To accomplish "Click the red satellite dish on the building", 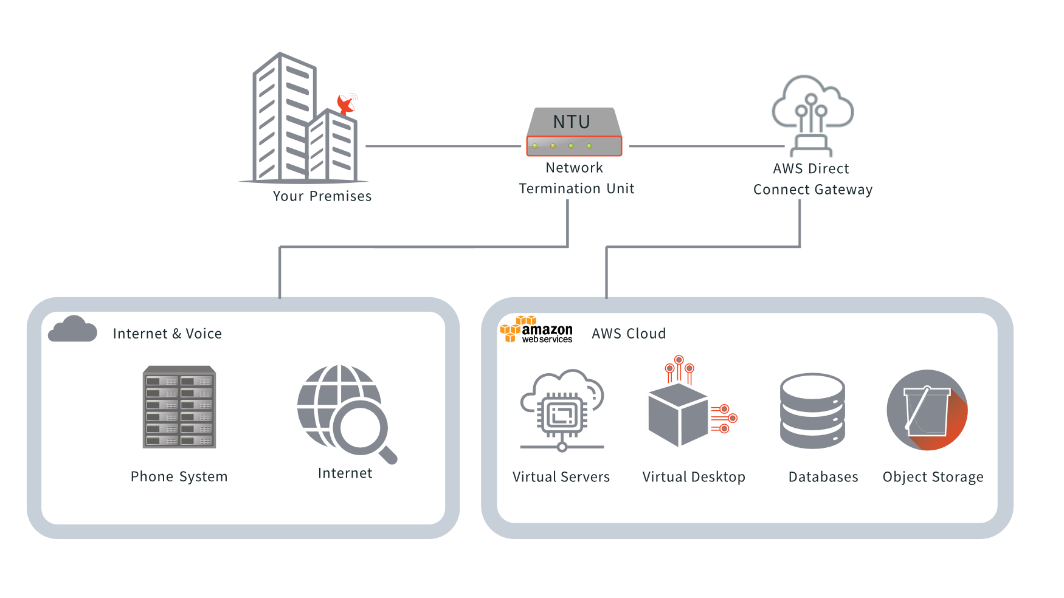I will [346, 104].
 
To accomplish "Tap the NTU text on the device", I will [572, 122].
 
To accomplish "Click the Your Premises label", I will [322, 196].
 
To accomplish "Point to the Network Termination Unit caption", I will [576, 178].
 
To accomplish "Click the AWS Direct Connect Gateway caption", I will [812, 179].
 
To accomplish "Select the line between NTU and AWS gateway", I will [705, 146].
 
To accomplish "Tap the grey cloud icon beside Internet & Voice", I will [73, 329].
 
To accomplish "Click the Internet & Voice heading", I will [167, 334].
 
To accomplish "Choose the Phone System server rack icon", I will [179, 407].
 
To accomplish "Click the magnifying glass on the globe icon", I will [364, 428].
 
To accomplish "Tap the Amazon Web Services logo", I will [536, 330].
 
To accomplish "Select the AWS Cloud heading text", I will [629, 334].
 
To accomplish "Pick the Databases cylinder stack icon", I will [812, 411].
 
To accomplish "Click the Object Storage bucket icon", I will [927, 410].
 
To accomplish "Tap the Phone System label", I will [179, 477].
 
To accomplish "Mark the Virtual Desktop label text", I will [694, 477].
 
